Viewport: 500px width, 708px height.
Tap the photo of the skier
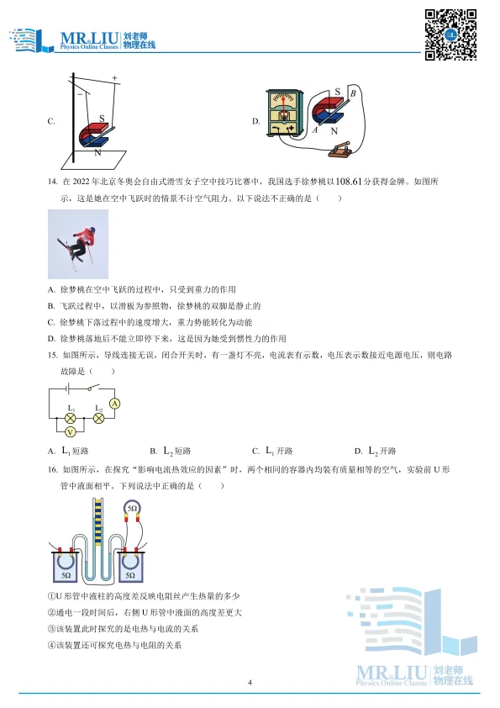pyautogui.click(x=78, y=244)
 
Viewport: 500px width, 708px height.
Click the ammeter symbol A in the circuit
pyautogui.click(x=115, y=404)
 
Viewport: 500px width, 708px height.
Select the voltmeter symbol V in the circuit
pyautogui.click(x=71, y=431)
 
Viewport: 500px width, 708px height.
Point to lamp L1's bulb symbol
pyautogui.click(x=71, y=417)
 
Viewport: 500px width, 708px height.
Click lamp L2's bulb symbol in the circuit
pyautogui.click(x=98, y=417)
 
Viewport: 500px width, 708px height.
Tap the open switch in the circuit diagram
pyautogui.click(x=93, y=388)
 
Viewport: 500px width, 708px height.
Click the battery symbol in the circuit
pyautogui.click(x=69, y=388)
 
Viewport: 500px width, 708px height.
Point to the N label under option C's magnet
pyautogui.click(x=98, y=153)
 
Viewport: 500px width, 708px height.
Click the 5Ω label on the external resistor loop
pyautogui.click(x=133, y=509)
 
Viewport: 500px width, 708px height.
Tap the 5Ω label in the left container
pyautogui.click(x=66, y=575)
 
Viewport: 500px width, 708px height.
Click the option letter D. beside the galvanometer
pyautogui.click(x=256, y=122)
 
